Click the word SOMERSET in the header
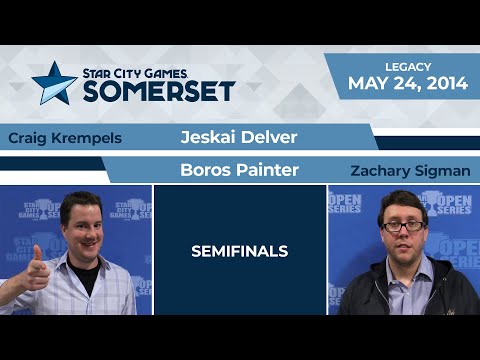tap(159, 92)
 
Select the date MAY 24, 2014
tap(408, 83)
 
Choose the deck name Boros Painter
tap(240, 170)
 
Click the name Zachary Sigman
tap(410, 171)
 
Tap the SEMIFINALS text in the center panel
tap(240, 251)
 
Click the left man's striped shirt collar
tap(80, 270)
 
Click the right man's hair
tap(403, 203)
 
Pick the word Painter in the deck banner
tap(268, 170)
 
